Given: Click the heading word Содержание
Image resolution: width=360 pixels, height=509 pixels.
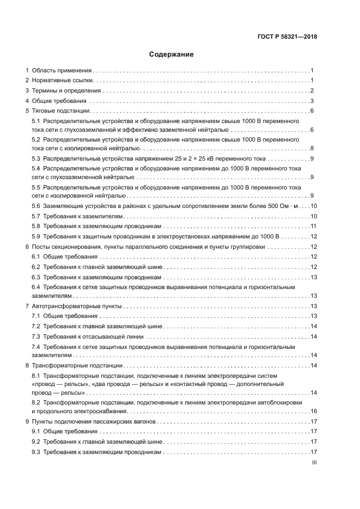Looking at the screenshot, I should (x=172, y=54).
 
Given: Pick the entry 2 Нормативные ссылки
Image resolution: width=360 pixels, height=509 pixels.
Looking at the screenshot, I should (x=60, y=81).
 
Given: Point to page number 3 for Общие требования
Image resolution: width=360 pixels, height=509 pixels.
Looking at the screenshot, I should (x=313, y=101).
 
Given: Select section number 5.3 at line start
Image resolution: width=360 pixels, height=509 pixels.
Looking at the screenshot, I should (x=36, y=158).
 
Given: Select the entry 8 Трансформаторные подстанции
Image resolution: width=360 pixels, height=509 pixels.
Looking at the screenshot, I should (x=74, y=366).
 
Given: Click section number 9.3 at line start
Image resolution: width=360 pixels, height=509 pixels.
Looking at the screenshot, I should (x=36, y=452).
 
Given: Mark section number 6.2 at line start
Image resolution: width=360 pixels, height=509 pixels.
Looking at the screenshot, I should (x=36, y=267).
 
